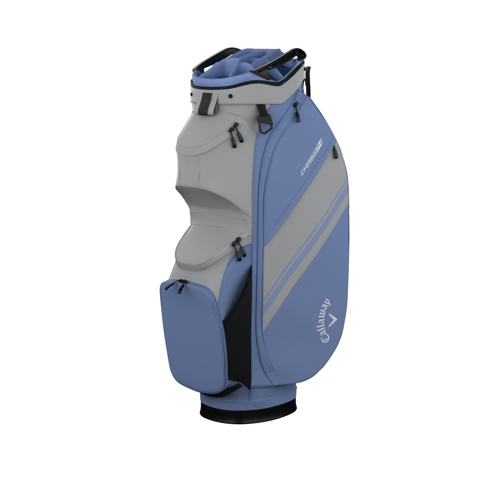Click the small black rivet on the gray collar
tap(230, 96)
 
